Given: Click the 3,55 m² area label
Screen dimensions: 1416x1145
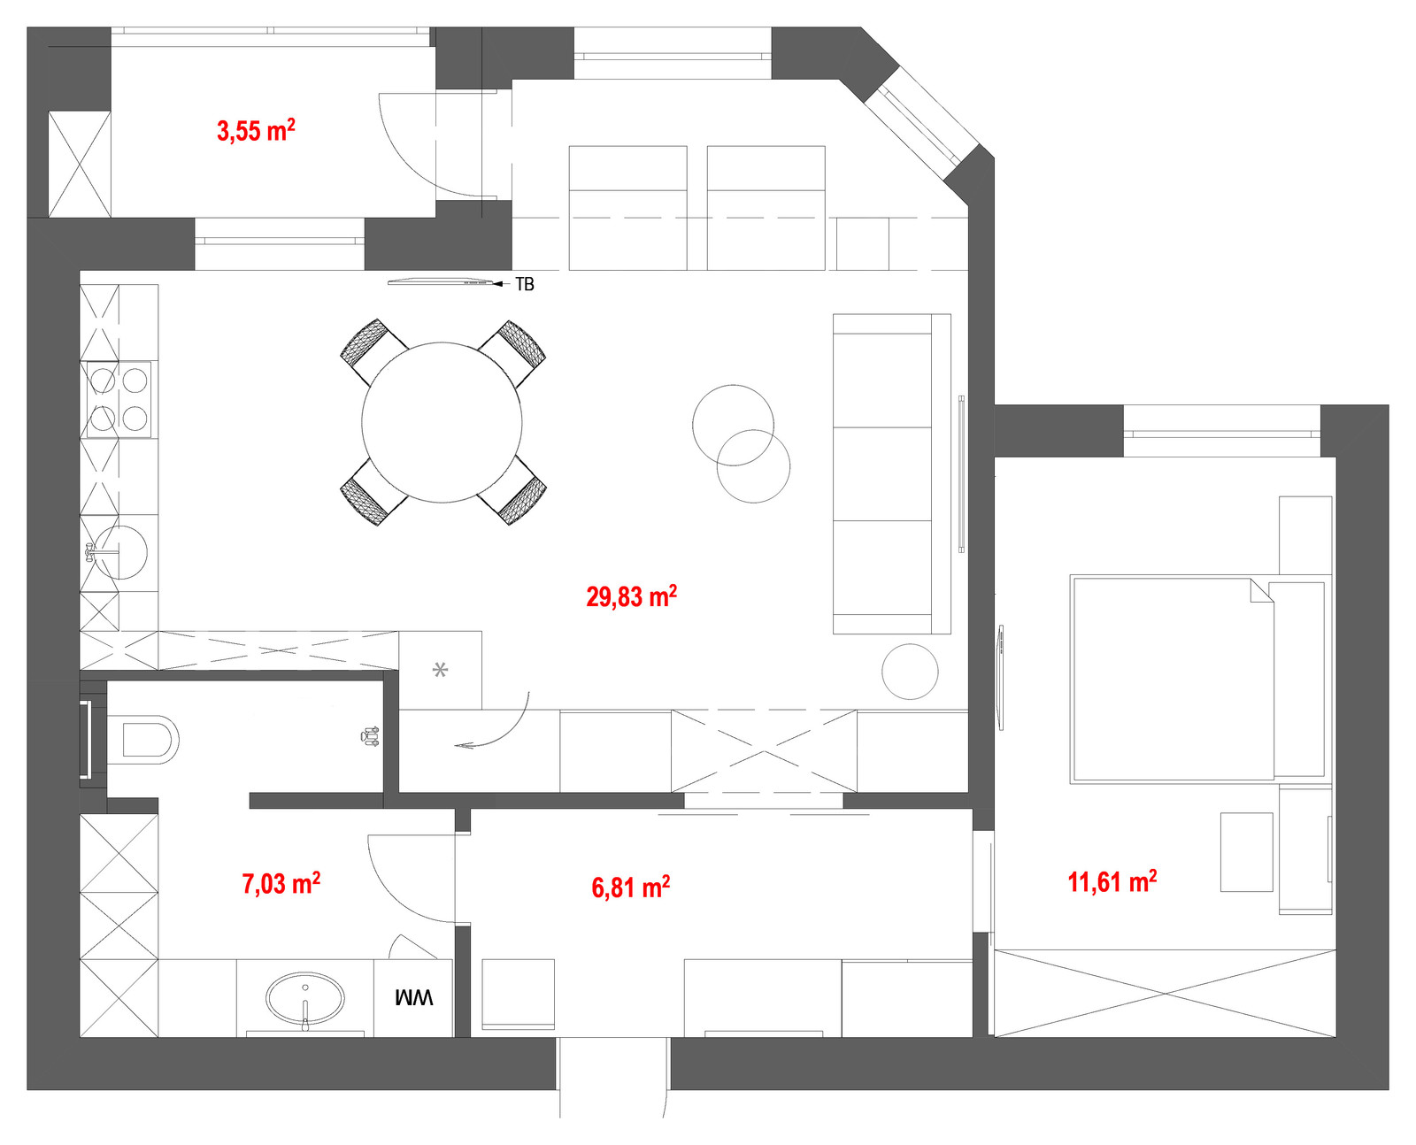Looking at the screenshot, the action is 256,130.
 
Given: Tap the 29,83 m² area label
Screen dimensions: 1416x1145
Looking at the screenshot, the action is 631,596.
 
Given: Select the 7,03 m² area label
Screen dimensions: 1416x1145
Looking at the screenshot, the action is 281,883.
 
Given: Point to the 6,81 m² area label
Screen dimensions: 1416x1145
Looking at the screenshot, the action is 630,888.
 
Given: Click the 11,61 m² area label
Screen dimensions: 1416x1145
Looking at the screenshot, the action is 1112,882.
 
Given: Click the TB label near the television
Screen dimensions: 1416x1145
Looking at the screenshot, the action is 525,284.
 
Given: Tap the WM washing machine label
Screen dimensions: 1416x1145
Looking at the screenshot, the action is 413,997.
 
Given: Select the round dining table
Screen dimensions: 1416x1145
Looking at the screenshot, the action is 442,422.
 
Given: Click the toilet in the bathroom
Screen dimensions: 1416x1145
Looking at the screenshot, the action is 142,740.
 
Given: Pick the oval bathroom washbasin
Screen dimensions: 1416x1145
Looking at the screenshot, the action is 305,998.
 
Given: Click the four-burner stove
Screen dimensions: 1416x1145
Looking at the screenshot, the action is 119,399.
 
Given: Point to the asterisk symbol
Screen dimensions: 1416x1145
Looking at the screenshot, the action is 440,669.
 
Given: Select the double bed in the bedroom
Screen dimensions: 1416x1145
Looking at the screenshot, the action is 1197,680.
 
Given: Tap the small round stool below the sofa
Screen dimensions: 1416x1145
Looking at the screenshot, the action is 910,672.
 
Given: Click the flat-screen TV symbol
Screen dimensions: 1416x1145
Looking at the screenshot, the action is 441,282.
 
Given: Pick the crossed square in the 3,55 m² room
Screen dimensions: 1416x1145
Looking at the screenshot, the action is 80,165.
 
